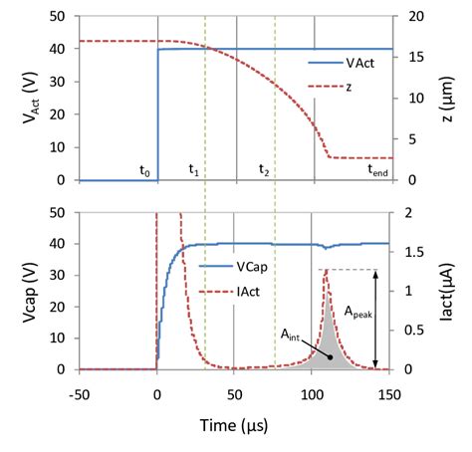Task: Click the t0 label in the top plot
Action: (x=145, y=170)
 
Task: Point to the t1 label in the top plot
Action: (x=194, y=170)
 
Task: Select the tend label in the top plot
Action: (x=378, y=170)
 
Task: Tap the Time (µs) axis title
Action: (x=233, y=426)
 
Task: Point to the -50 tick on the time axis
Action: (x=80, y=392)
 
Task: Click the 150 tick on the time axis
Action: (x=389, y=392)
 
